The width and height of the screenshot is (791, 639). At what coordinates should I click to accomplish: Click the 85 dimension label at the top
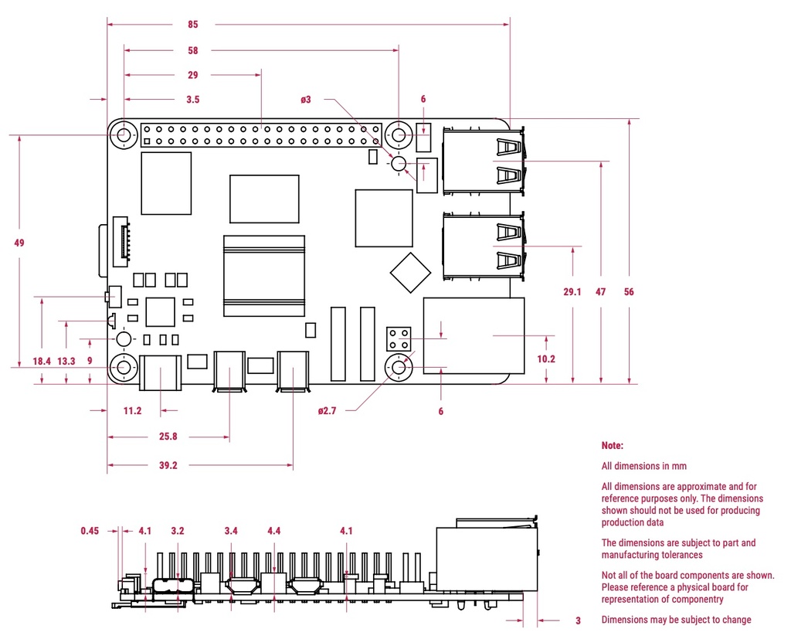point(192,25)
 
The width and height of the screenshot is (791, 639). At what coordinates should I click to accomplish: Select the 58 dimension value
point(192,51)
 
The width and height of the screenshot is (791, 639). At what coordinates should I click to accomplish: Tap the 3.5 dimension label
point(192,99)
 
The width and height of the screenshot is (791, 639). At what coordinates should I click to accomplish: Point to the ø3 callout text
point(307,99)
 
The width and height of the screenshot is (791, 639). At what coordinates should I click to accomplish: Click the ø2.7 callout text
point(327,411)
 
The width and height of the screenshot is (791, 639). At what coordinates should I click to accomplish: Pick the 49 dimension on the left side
point(19,243)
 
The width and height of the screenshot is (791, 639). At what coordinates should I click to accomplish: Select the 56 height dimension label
point(630,291)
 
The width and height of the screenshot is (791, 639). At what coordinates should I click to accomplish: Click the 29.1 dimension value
point(572,291)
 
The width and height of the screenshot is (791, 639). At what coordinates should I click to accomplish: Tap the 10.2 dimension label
point(546,359)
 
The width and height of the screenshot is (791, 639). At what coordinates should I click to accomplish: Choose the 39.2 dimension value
point(168,465)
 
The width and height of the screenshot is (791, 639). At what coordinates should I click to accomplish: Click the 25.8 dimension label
point(168,437)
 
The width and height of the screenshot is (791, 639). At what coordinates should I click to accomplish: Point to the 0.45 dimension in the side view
point(90,531)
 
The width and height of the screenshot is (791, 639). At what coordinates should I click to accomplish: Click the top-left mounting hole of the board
point(124,136)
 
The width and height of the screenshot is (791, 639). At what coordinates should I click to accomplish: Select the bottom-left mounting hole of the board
point(124,369)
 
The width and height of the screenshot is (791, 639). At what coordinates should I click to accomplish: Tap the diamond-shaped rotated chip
point(410,273)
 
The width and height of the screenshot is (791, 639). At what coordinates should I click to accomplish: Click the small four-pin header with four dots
point(399,338)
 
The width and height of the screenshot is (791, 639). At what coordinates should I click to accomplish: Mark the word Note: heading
point(612,446)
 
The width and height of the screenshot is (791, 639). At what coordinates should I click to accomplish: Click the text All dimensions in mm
point(643,466)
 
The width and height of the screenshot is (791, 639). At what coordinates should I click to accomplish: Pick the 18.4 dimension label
point(42,361)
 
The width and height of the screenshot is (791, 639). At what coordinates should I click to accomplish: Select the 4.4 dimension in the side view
point(274,531)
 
